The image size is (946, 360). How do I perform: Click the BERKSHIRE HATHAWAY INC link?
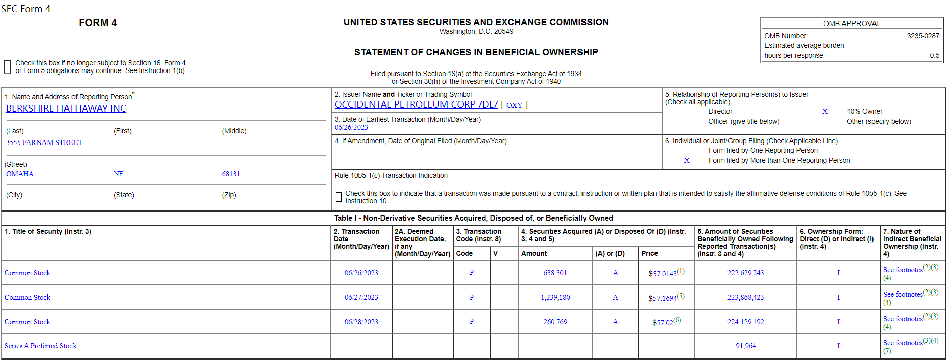tap(66, 109)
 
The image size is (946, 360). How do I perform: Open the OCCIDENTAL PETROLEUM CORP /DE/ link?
tap(416, 105)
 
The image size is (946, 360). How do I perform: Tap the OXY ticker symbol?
tap(514, 105)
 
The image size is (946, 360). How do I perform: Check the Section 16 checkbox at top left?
tap(7, 67)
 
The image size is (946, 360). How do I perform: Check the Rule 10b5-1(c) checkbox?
tap(339, 197)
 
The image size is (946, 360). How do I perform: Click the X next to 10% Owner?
tap(825, 111)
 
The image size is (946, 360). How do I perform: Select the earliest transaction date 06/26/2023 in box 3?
tap(351, 128)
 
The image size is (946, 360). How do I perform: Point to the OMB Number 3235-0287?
tap(923, 36)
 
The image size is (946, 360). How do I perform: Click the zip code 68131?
tap(231, 174)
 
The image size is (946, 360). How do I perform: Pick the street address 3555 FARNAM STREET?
tap(44, 142)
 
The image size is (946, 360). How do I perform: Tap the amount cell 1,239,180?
tap(555, 298)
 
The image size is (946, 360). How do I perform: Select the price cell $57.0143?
tap(662, 274)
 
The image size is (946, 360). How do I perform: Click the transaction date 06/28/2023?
tap(361, 322)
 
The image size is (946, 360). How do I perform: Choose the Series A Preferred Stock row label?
tap(40, 346)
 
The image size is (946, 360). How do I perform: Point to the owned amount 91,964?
tap(745, 346)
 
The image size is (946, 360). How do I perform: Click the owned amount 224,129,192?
tap(745, 322)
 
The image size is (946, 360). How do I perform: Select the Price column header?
tap(649, 254)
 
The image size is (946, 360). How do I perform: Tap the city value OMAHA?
tap(20, 174)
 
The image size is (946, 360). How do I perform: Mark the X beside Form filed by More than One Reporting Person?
tap(687, 160)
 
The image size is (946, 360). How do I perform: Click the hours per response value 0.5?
tap(934, 55)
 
